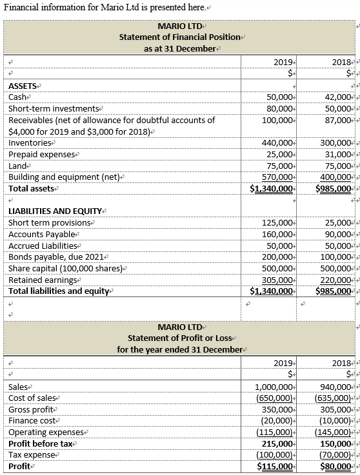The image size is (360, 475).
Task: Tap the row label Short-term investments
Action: [54, 108]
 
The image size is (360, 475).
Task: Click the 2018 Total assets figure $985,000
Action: [334, 189]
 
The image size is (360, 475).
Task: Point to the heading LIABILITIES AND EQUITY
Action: [55, 211]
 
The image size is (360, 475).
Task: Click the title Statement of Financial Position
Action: [179, 37]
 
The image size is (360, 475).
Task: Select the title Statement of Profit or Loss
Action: [179, 338]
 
